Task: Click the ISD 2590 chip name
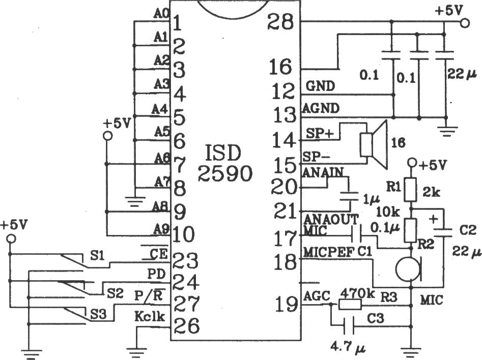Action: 224,163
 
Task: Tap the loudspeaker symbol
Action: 374,145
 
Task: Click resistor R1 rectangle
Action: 410,189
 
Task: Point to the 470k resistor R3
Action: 350,305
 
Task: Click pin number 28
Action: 280,22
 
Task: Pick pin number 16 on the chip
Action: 280,67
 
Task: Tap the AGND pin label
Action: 321,108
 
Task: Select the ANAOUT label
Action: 331,219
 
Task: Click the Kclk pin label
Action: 150,316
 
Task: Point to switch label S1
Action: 97,255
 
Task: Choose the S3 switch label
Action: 98,314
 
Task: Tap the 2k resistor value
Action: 431,192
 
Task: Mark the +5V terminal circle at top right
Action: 465,23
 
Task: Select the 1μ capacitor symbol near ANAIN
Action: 349,197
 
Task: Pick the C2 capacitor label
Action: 468,230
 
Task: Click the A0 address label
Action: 160,14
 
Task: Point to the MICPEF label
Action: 329,252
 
